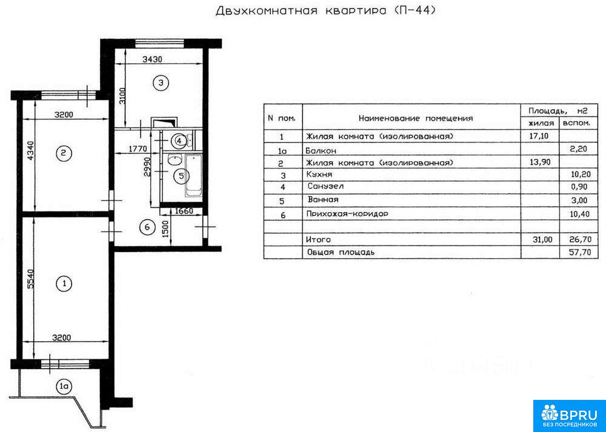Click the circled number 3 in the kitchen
[161, 82]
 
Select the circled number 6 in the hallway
[147, 227]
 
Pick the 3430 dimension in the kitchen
[152, 59]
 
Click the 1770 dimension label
[136, 148]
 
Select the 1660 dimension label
[184, 211]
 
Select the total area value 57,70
[581, 252]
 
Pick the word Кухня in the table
[319, 174]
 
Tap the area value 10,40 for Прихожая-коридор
[581, 214]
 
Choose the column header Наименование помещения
[416, 118]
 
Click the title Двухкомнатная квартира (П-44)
[325, 10]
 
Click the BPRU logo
[570, 416]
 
